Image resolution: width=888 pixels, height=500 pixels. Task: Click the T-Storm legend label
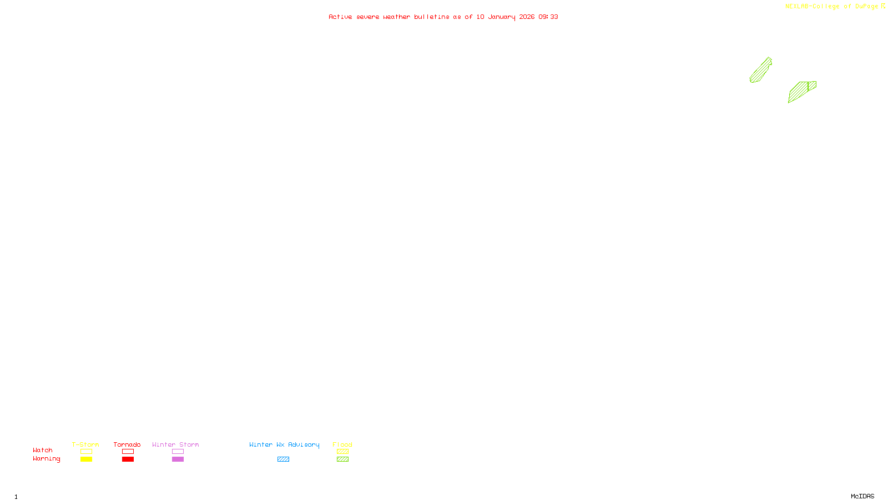(x=85, y=444)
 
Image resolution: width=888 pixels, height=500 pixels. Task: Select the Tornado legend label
(x=127, y=444)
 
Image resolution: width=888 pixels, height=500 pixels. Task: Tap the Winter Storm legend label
(x=175, y=444)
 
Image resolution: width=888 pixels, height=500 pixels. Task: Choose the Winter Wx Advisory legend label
(x=284, y=444)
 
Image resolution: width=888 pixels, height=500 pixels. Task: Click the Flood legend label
(x=342, y=444)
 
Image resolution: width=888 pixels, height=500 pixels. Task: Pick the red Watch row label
(x=43, y=450)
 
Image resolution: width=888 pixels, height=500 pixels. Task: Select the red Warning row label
(x=47, y=459)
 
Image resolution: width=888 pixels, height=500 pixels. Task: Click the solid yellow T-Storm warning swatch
(x=86, y=459)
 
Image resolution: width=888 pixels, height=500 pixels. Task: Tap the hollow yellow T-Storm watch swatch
(x=86, y=452)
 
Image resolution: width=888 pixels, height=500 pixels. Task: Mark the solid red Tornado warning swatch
(x=128, y=459)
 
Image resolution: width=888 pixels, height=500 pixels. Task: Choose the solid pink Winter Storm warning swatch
(x=178, y=459)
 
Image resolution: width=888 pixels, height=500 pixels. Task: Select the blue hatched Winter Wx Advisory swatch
(x=283, y=459)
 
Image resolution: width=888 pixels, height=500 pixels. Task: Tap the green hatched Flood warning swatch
(x=342, y=459)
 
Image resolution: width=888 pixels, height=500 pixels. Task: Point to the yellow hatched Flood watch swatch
(x=342, y=452)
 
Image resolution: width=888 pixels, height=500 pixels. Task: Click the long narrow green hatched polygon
(x=761, y=71)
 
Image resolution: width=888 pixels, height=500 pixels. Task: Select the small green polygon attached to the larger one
(x=812, y=86)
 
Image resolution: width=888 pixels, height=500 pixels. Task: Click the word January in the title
(x=502, y=17)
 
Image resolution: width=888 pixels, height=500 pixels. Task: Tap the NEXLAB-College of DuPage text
(x=831, y=7)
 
